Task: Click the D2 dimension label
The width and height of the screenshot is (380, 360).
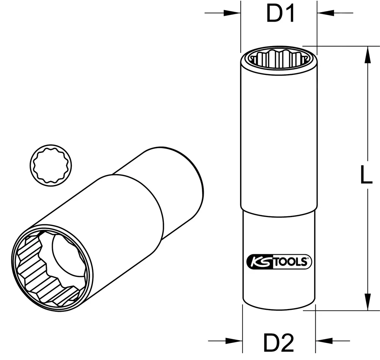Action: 280,343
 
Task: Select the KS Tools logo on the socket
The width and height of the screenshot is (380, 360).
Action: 279,262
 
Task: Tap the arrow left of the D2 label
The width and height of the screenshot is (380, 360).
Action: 234,341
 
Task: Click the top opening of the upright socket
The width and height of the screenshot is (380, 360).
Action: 278,58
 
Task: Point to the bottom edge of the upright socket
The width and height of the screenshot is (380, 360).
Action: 279,309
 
